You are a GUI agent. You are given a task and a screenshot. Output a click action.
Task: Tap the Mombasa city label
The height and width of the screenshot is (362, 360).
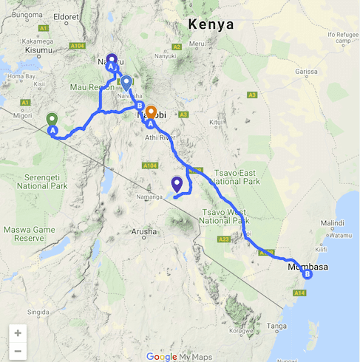click(308, 266)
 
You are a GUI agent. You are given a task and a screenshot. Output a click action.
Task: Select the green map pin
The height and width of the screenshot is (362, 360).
click(52, 120)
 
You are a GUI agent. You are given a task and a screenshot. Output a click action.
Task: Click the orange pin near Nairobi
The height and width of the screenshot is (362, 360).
click(151, 113)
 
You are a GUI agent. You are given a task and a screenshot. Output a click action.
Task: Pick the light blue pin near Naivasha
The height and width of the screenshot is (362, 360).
click(126, 83)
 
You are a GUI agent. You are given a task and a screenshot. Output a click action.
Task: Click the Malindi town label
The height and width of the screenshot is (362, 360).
click(331, 222)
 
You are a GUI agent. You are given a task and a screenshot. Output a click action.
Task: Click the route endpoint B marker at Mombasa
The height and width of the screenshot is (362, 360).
click(308, 276)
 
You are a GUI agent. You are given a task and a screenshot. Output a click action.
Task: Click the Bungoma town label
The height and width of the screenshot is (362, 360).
click(27, 14)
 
